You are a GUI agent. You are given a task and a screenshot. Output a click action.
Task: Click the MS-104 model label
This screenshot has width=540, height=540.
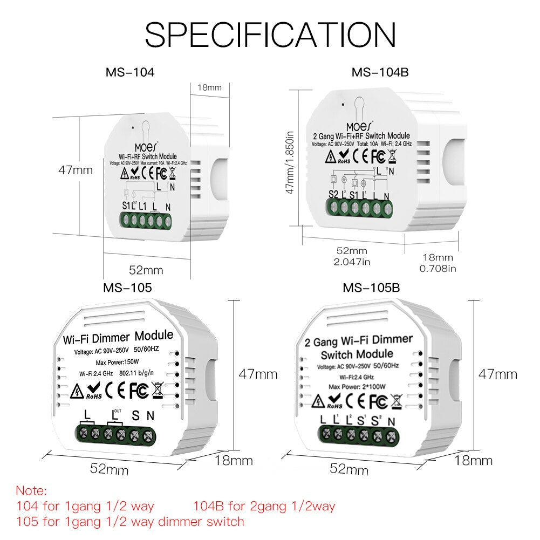click(x=129, y=72)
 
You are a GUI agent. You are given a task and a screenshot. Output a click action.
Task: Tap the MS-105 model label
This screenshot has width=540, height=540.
click(x=128, y=288)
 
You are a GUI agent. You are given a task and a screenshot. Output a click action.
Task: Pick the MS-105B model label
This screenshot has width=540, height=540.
click(x=371, y=288)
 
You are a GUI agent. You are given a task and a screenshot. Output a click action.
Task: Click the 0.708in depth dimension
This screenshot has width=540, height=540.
click(x=438, y=268)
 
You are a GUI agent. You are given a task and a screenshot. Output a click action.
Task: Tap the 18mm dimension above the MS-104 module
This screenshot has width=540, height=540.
click(x=209, y=87)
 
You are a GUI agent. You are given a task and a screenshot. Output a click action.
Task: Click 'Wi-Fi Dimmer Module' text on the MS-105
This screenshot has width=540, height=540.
click(x=118, y=337)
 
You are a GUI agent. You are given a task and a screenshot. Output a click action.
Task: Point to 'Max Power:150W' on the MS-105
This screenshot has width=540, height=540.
click(x=118, y=361)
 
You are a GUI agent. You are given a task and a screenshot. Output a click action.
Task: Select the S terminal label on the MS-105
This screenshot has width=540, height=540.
click(x=135, y=415)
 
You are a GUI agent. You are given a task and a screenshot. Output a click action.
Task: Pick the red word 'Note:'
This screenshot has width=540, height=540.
click(x=31, y=491)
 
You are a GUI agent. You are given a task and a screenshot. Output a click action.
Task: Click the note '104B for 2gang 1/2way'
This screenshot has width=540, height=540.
click(x=264, y=506)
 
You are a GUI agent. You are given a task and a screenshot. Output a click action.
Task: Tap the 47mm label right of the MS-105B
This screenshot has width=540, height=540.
click(x=498, y=374)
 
